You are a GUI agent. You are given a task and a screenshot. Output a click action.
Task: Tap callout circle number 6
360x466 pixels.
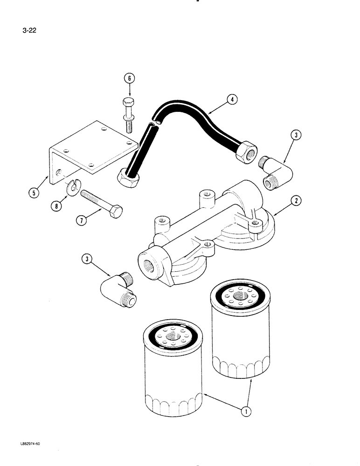coord(129,79)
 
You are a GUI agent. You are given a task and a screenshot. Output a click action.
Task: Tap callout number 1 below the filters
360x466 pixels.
coord(246,411)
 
